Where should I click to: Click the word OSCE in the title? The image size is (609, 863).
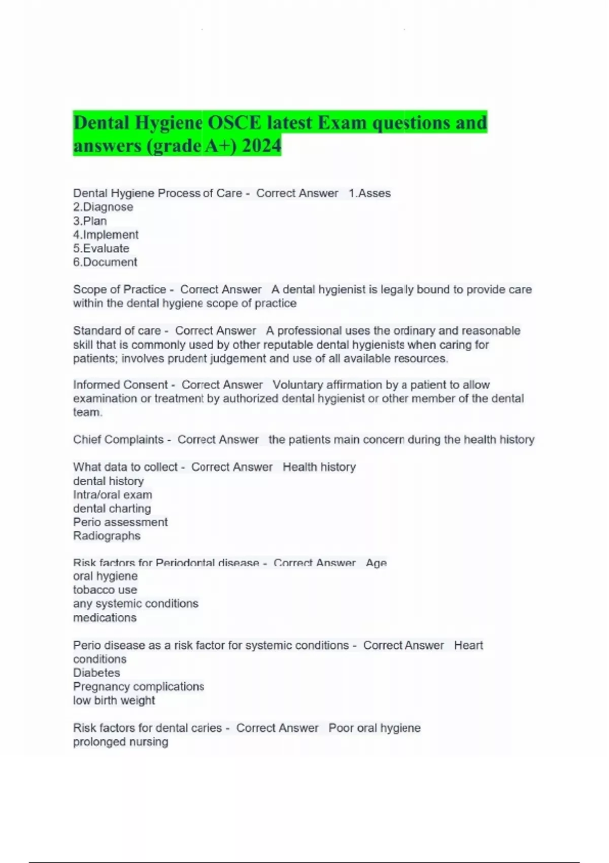pyautogui.click(x=234, y=123)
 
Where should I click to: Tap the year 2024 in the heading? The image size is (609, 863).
pyautogui.click(x=261, y=146)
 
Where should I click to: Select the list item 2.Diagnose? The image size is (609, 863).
pyautogui.click(x=103, y=207)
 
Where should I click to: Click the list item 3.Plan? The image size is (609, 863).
pyautogui.click(x=90, y=221)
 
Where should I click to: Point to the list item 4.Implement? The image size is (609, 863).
pyautogui.click(x=106, y=235)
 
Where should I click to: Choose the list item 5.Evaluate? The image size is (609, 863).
pyautogui.click(x=101, y=248)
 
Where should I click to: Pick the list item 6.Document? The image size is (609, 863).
pyautogui.click(x=105, y=262)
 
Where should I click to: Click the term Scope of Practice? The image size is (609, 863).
pyautogui.click(x=119, y=289)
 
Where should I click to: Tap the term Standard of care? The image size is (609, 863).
pyautogui.click(x=117, y=330)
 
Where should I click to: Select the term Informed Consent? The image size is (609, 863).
pyautogui.click(x=120, y=385)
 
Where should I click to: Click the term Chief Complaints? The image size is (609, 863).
pyautogui.click(x=118, y=440)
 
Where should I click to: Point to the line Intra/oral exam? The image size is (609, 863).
pyautogui.click(x=112, y=495)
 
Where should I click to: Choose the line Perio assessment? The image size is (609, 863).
pyautogui.click(x=120, y=522)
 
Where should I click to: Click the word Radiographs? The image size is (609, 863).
pyautogui.click(x=107, y=536)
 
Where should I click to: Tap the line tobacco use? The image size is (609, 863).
pyautogui.click(x=105, y=590)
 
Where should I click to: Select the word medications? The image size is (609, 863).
pyautogui.click(x=105, y=618)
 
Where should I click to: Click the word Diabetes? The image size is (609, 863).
pyautogui.click(x=96, y=673)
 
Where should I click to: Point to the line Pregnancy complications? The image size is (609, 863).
pyautogui.click(x=139, y=686)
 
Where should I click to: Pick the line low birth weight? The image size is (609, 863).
pyautogui.click(x=114, y=701)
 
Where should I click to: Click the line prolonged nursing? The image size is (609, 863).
pyautogui.click(x=120, y=742)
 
